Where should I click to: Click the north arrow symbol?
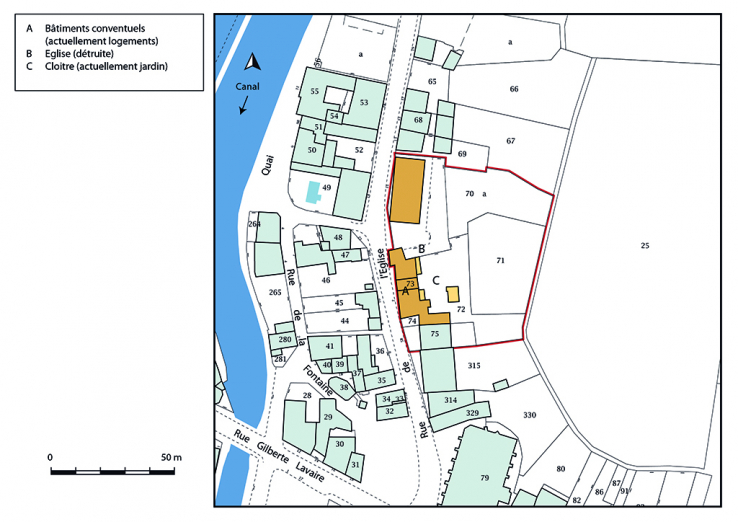coord(254,62)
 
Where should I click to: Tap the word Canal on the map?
coord(248,86)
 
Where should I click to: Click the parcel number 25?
coord(645,245)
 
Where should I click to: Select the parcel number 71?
coord(499,260)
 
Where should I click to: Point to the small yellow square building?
coord(453,294)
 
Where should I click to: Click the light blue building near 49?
coord(314,191)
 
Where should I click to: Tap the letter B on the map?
coord(422,249)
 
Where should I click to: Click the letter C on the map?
coord(436,279)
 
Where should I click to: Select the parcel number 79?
coord(484,478)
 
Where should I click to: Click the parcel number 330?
coord(529,415)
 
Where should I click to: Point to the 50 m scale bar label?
coord(171,457)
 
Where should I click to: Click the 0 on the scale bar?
coord(50,457)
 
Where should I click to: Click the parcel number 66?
coord(513,90)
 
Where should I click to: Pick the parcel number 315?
coord(473,365)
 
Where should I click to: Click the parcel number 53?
coord(364,103)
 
